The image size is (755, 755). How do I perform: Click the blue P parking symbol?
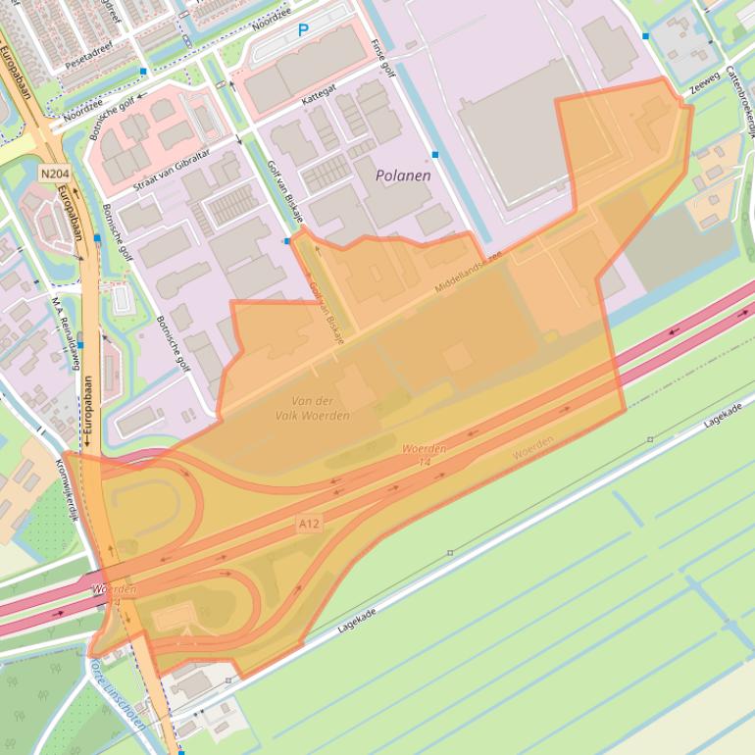[303, 30]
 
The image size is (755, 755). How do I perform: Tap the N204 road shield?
[54, 174]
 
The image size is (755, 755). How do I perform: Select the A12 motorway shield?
[309, 525]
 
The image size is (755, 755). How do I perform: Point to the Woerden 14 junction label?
[425, 455]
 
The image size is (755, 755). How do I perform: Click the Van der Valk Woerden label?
[312, 408]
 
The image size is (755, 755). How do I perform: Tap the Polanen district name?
[403, 176]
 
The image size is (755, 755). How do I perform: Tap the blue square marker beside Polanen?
[435, 155]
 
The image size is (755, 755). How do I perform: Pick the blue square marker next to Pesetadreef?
[144, 72]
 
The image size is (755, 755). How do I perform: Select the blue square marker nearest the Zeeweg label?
[646, 36]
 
